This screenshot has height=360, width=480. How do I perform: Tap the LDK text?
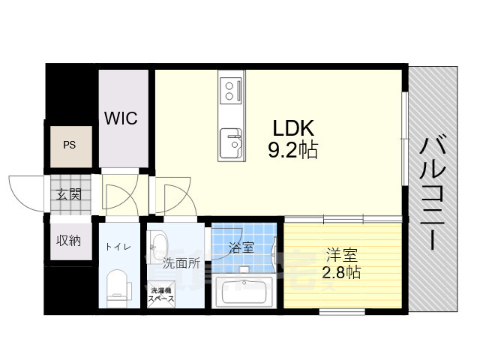[292, 127]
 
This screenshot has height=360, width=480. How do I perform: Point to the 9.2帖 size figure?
[292, 150]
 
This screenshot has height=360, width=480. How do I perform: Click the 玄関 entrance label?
[68, 195]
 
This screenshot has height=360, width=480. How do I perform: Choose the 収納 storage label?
[68, 241]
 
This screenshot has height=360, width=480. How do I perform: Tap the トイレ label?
[118, 245]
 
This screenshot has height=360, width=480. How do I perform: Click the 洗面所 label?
[181, 263]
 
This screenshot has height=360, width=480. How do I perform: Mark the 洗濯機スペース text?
[162, 294]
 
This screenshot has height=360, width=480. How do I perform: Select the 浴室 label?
[241, 246]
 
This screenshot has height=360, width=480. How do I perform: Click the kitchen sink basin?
[231, 140]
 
